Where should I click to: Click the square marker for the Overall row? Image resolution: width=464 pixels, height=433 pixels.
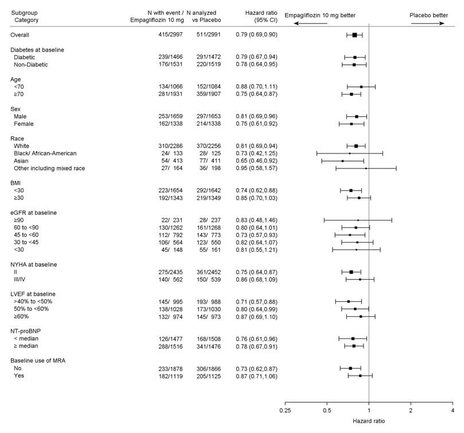point(354,35)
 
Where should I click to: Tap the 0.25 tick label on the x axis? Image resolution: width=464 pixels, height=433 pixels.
point(285,411)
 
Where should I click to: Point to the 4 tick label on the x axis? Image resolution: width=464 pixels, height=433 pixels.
point(453,411)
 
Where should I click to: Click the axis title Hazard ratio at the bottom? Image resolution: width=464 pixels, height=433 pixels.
point(369,421)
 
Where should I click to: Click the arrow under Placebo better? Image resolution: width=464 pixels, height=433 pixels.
point(428,23)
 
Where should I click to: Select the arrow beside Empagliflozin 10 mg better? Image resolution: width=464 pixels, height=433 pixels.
point(310,23)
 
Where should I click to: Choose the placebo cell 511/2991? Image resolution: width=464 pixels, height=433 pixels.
point(205,35)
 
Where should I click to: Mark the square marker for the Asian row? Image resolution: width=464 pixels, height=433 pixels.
point(342,161)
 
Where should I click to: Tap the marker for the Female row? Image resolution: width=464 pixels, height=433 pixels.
point(352,124)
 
